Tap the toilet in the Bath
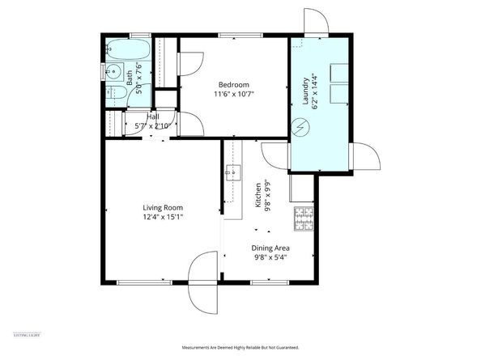(113, 95)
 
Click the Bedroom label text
(234, 85)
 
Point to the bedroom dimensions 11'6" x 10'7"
(234, 95)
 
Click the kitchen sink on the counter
(232, 172)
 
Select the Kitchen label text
(258, 196)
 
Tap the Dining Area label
(270, 248)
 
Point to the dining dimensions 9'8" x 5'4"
(270, 258)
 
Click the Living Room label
(163, 207)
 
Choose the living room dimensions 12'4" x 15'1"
(163, 217)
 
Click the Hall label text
(152, 116)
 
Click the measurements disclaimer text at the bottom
(240, 346)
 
